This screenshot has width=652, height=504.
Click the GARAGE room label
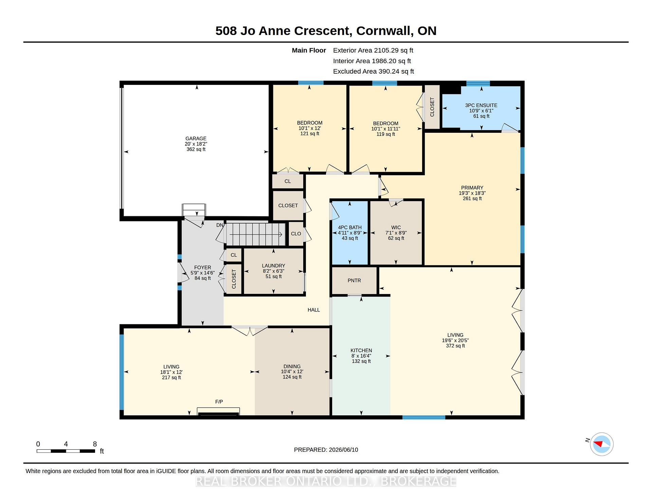(x=196, y=139)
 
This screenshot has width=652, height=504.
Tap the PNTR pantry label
(x=354, y=281)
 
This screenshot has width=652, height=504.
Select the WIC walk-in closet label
(x=396, y=228)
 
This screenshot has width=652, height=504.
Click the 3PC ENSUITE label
(x=481, y=105)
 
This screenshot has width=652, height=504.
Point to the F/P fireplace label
(x=219, y=402)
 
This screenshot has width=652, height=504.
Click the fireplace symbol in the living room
(x=218, y=411)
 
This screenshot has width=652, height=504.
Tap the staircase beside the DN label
(x=256, y=234)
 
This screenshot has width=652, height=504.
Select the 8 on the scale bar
(x=95, y=444)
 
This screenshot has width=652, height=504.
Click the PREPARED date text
(x=326, y=450)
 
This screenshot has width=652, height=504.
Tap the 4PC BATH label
(x=350, y=228)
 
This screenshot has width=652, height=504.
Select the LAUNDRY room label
(x=273, y=266)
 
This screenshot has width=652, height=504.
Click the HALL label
(x=314, y=310)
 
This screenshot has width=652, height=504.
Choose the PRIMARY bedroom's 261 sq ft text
(x=472, y=198)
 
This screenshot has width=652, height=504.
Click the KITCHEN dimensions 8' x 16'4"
(x=361, y=356)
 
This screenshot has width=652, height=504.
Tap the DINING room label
(x=292, y=366)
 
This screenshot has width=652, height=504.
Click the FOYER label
(x=202, y=268)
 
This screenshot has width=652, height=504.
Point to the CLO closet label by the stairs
(x=296, y=234)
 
